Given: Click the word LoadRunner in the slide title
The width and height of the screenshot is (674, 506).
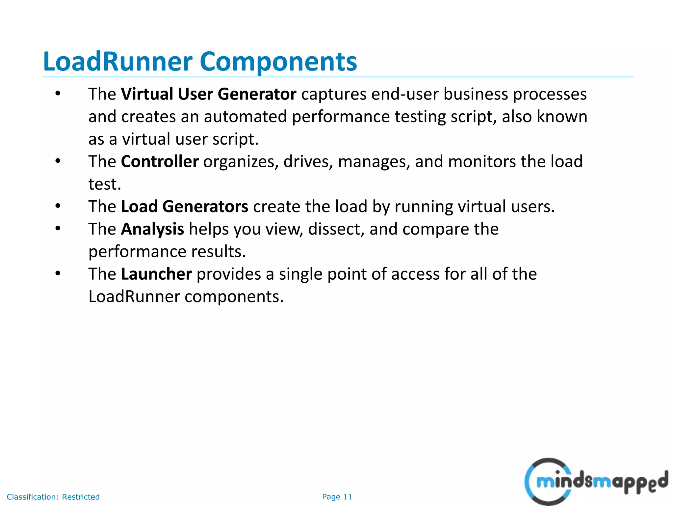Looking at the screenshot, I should click(117, 62).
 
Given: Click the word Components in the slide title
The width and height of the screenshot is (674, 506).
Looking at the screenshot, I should click(278, 62).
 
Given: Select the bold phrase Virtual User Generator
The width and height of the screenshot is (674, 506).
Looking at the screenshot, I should click(209, 94).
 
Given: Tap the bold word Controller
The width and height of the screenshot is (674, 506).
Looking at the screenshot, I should click(160, 162).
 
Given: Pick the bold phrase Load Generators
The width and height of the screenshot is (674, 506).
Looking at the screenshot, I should click(185, 207).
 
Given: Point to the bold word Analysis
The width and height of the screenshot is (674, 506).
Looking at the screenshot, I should click(152, 229).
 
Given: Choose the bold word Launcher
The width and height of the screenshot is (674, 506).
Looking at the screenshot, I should click(156, 274).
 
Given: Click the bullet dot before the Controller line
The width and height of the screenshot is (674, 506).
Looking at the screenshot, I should click(58, 161).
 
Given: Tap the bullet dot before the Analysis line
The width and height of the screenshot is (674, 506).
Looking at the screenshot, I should click(58, 229).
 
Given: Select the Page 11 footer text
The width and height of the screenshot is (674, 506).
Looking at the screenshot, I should click(337, 497).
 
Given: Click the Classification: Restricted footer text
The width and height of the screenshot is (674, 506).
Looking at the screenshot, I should click(53, 497).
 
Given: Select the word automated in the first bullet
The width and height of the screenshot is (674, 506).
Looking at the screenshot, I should click(245, 117).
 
